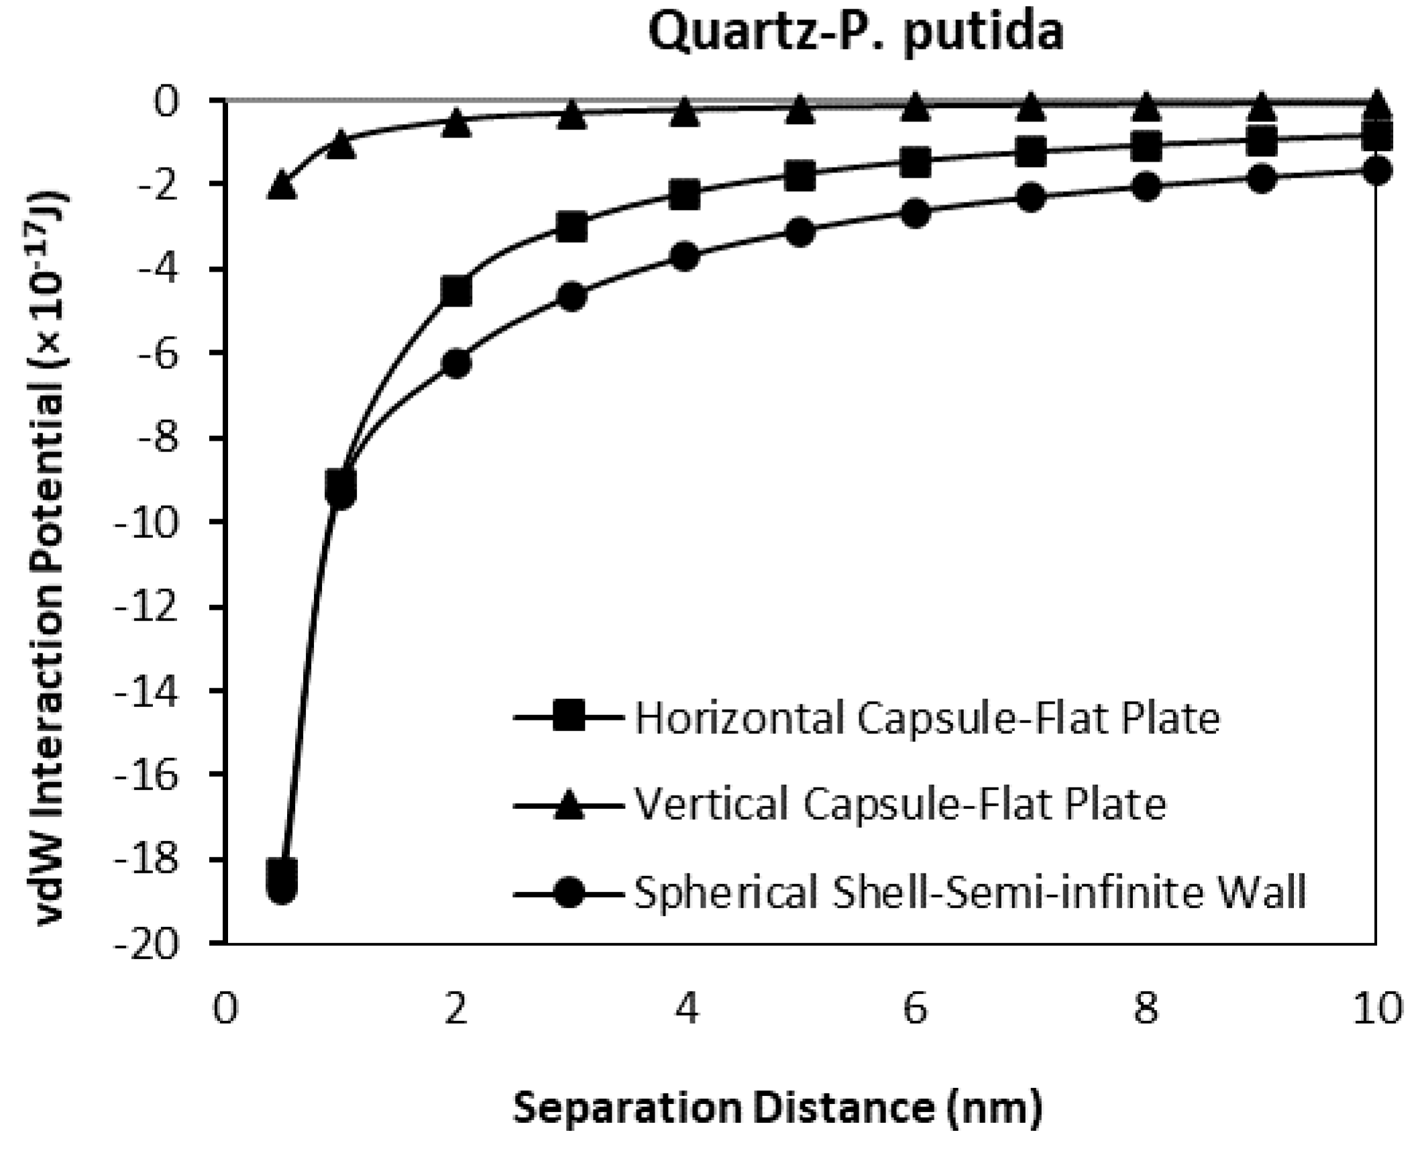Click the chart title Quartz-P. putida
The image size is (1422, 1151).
[x=856, y=32]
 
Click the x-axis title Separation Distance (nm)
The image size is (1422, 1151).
[x=777, y=1108]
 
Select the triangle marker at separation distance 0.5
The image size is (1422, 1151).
[x=282, y=184]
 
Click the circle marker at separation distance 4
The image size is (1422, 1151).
[x=686, y=257]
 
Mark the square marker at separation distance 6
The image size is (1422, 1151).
[x=916, y=162]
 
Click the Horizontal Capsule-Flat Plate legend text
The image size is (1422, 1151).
[x=927, y=719]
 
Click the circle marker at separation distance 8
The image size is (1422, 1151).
[x=1146, y=187]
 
